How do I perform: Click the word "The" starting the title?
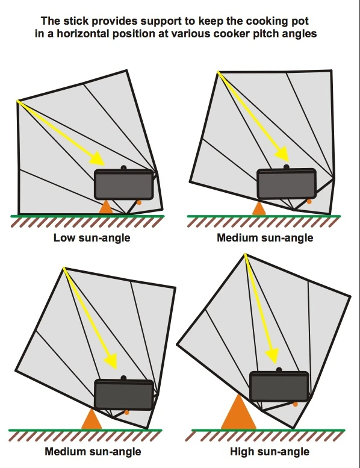[x=51, y=21]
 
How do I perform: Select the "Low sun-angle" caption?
[x=92, y=238]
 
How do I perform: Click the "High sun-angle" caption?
[x=270, y=451]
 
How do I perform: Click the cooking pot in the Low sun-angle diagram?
[x=124, y=184]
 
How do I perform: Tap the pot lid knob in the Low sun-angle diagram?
[x=124, y=168]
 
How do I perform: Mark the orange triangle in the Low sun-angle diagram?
[x=106, y=208]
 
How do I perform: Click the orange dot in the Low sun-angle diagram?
[x=139, y=202]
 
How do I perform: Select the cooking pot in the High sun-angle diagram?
[x=279, y=386]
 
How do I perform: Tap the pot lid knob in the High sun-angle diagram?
[x=279, y=370]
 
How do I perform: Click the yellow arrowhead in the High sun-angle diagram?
[x=272, y=356]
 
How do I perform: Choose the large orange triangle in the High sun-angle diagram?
[x=238, y=412]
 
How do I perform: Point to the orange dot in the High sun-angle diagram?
[x=295, y=404]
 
